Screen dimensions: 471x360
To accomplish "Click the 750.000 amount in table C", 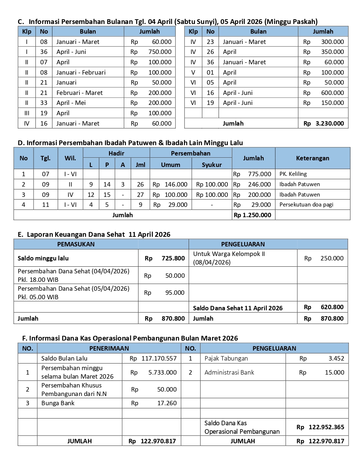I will (x=160, y=52).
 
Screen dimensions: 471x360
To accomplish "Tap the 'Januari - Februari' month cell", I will (x=81, y=72).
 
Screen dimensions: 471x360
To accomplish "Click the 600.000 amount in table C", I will (x=332, y=93).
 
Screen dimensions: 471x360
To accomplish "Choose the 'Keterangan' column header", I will (x=312, y=158).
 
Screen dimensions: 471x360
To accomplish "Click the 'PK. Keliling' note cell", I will (x=293, y=174).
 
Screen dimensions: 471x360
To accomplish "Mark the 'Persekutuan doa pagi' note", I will (x=306, y=205).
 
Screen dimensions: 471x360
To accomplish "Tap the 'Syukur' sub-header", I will (x=212, y=165).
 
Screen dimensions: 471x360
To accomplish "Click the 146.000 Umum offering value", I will (x=176, y=184).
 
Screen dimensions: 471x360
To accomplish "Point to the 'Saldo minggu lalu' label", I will (x=43, y=258).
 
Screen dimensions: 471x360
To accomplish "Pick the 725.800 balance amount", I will (x=173, y=258).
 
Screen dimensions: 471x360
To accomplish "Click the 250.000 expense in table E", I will (x=332, y=258).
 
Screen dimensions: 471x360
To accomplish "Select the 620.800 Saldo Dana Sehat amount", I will (x=332, y=307).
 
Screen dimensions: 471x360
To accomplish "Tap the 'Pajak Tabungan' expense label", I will (x=226, y=358).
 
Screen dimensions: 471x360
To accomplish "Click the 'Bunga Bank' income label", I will (x=58, y=403).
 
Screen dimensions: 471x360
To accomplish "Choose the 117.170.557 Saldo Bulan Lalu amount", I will (x=159, y=358).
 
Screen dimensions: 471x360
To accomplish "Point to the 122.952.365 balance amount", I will (x=326, y=427).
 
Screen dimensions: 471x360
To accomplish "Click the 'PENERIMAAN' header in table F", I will (x=109, y=348).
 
